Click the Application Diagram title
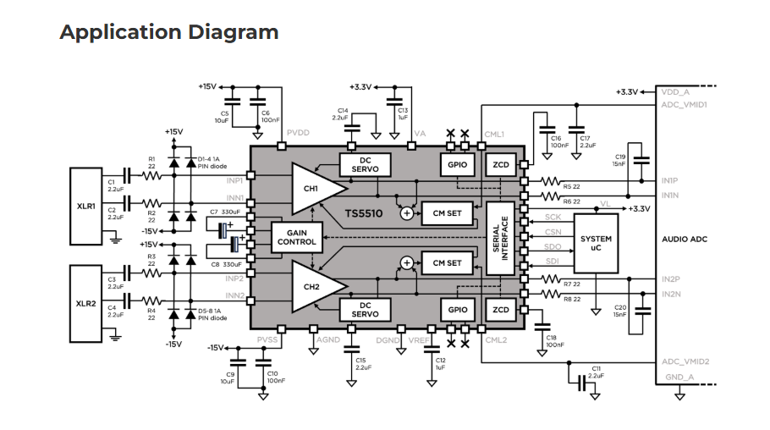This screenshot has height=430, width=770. point(168,32)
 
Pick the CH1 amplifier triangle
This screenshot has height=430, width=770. point(313,188)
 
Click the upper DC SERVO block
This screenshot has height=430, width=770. point(366,164)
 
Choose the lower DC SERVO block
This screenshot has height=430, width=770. point(366,310)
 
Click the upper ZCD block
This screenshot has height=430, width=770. point(501,164)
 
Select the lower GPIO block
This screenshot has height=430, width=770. point(458,310)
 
